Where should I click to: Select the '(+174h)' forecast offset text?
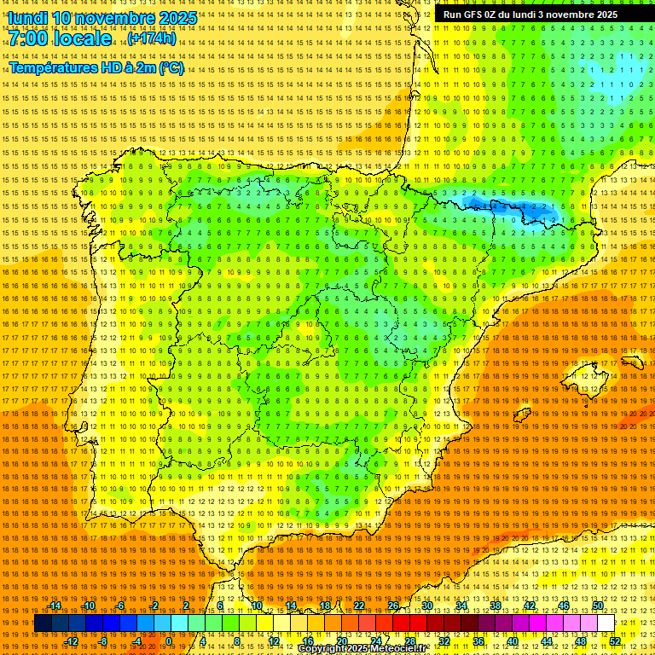pyautogui.click(x=152, y=38)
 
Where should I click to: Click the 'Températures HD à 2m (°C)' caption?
pyautogui.click(x=96, y=67)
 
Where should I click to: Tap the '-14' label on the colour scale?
pyautogui.click(x=55, y=606)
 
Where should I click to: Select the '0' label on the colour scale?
pyautogui.click(x=169, y=641)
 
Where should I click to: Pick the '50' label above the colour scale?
pyautogui.click(x=598, y=606)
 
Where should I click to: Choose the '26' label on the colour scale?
pyautogui.click(x=393, y=606)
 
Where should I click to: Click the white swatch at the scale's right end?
pyautogui.click(x=606, y=623)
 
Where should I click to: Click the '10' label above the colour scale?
pyautogui.click(x=257, y=606)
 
